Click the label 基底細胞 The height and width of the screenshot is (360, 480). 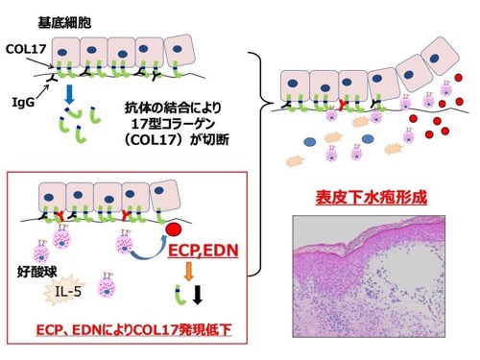pyautogui.click(x=64, y=23)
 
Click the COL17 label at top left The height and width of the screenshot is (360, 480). pyautogui.click(x=26, y=49)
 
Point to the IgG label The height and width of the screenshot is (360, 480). pyautogui.click(x=23, y=103)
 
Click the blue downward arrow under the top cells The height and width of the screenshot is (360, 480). pyautogui.click(x=69, y=94)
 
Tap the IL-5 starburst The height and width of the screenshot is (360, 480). pyautogui.click(x=65, y=290)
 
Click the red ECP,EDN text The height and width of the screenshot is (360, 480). pyautogui.click(x=204, y=251)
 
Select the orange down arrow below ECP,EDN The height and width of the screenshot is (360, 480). pyautogui.click(x=189, y=271)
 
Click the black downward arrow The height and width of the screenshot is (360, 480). pyautogui.click(x=198, y=294)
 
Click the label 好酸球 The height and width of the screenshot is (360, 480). pyautogui.click(x=36, y=272)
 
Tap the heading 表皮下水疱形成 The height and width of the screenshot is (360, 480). pyautogui.click(x=371, y=197)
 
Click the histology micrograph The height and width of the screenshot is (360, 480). pyautogui.click(x=369, y=276)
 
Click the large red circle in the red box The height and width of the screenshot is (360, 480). pyautogui.click(x=174, y=229)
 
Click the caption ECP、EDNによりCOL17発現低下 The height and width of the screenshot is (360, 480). pyautogui.click(x=134, y=329)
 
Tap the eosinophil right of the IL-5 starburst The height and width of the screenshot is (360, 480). pyautogui.click(x=107, y=285)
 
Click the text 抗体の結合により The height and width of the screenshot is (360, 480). pyautogui.click(x=173, y=108)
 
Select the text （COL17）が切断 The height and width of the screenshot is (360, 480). pyautogui.click(x=177, y=139)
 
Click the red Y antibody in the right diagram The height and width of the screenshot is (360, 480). pyautogui.click(x=344, y=105)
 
